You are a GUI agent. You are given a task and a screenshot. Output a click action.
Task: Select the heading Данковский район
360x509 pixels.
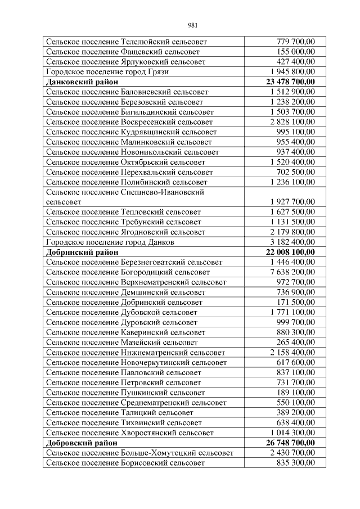(82, 82)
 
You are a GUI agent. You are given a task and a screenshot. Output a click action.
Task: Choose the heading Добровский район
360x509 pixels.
(82, 443)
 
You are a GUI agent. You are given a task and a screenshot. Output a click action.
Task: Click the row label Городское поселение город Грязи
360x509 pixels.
(107, 72)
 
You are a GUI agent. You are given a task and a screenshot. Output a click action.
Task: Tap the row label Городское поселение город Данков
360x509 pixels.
(110, 242)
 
